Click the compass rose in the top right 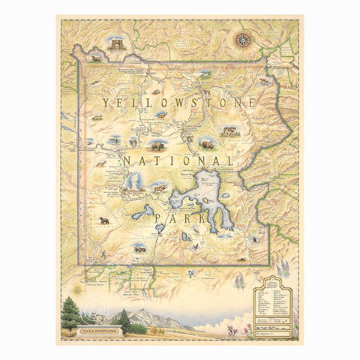click(242, 40)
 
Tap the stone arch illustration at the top click(116, 43)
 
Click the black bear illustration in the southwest click(104, 220)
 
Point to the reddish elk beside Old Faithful click(159, 187)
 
